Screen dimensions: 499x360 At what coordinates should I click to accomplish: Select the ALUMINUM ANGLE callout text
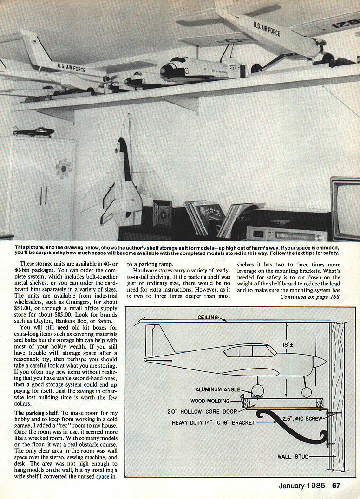tap(218, 389)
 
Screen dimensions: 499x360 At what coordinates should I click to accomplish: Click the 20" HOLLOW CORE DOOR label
tap(203, 411)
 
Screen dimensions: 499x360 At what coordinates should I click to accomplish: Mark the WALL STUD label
tap(294, 456)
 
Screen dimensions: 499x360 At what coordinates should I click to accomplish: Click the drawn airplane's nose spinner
tap(321, 362)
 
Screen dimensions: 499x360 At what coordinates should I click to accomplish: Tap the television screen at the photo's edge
tap(347, 209)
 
